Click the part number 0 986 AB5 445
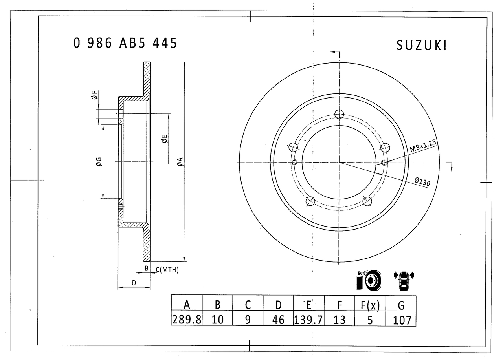click(x=125, y=43)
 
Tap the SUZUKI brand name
click(x=421, y=46)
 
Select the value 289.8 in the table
click(x=187, y=319)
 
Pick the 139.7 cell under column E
click(x=308, y=319)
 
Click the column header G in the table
click(x=401, y=305)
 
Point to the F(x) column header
click(x=370, y=305)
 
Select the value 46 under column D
click(x=278, y=319)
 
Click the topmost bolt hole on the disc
click(x=339, y=114)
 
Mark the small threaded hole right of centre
click(x=384, y=163)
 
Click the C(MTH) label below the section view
click(x=167, y=269)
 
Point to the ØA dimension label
click(x=180, y=161)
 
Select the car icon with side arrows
click(x=404, y=280)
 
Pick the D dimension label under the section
click(x=134, y=283)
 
